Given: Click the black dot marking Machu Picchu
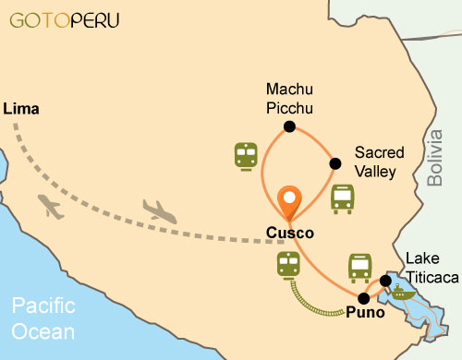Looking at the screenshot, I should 289,127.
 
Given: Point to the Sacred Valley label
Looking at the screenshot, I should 375,161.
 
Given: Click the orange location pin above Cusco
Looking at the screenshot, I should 290,199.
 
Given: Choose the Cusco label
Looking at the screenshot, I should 289,233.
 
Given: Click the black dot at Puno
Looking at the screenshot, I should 363,298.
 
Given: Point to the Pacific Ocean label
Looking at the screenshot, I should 44,317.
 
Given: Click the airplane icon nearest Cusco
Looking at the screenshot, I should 160,211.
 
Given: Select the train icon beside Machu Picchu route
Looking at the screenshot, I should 246,156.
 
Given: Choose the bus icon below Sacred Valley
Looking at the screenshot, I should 342,198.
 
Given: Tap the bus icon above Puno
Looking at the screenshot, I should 359,268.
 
